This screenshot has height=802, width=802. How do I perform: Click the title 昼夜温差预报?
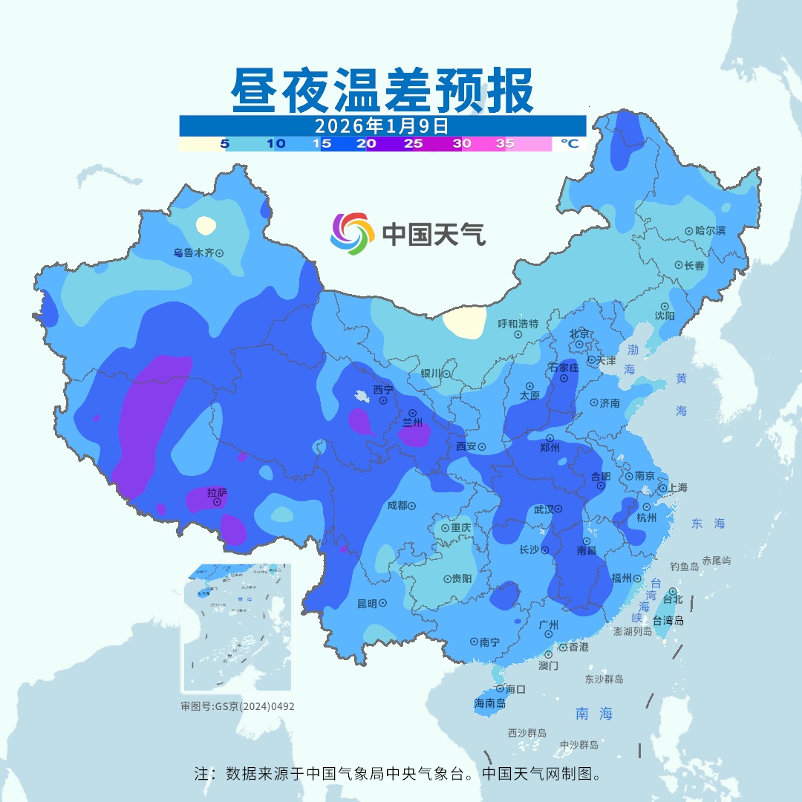(382, 91)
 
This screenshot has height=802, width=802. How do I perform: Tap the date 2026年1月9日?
(382, 125)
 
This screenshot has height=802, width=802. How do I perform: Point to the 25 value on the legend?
(414, 144)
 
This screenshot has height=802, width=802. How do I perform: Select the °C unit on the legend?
(569, 144)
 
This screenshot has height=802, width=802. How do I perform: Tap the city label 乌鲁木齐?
(193, 252)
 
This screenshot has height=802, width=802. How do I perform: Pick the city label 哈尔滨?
(710, 231)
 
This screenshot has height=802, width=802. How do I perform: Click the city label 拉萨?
(217, 492)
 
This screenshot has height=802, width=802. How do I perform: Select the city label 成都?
(397, 505)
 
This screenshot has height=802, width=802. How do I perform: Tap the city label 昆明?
(367, 603)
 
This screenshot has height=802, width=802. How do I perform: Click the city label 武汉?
(544, 509)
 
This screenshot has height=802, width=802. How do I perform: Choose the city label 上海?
(677, 488)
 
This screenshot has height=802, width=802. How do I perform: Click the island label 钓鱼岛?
(684, 567)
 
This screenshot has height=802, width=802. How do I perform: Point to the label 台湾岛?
(668, 621)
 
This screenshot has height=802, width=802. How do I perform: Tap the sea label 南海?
(594, 714)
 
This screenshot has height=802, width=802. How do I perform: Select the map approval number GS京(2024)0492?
(238, 706)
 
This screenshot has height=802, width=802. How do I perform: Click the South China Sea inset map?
(237, 627)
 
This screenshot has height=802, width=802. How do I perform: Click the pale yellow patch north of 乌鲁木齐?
(206, 224)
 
